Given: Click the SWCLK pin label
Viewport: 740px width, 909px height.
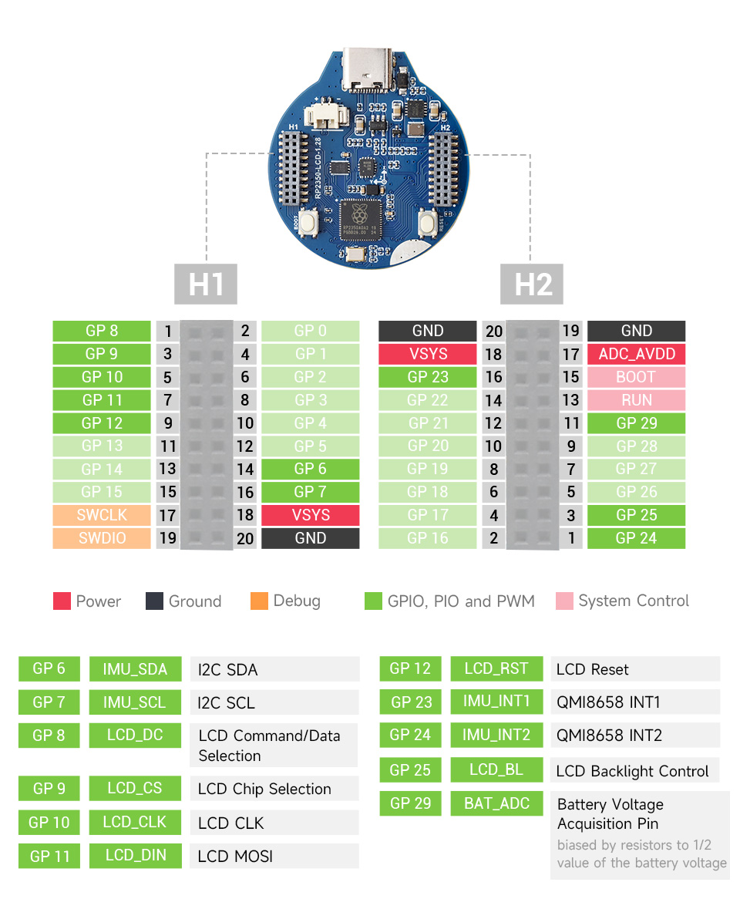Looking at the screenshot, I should click(x=102, y=515).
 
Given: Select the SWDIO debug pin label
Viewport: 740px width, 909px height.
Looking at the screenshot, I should click(x=102, y=538).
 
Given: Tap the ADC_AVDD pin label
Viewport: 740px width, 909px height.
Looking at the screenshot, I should click(x=636, y=354).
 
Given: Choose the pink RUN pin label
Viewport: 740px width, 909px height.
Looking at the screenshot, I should click(x=636, y=400).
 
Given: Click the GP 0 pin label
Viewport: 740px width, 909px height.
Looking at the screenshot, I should click(x=310, y=331).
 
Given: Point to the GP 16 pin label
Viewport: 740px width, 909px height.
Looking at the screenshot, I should click(x=427, y=538).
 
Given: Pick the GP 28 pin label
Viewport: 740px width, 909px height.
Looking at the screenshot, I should click(x=636, y=446).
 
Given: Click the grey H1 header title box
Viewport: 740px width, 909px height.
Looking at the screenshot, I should click(x=206, y=284).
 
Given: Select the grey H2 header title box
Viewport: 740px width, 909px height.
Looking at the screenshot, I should click(x=533, y=284).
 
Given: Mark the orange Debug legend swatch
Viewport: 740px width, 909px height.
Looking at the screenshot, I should click(x=259, y=601).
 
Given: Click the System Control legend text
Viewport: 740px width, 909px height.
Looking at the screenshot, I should click(x=634, y=601).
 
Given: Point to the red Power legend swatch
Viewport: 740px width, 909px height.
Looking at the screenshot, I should click(x=62, y=601).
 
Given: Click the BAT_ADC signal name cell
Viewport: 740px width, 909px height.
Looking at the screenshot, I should click(x=496, y=803).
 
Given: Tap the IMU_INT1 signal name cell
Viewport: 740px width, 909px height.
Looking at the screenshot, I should click(x=496, y=702).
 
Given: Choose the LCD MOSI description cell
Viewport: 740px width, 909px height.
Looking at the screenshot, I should click(x=274, y=856).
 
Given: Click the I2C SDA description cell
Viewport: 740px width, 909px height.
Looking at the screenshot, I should click(x=274, y=669).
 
